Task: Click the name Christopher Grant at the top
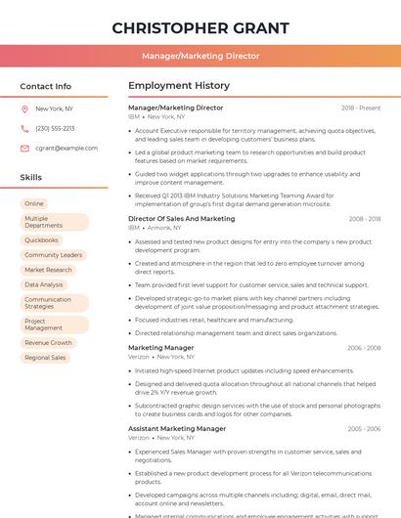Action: (x=200, y=27)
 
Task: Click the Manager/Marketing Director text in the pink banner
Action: (x=200, y=56)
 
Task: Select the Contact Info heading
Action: (x=46, y=86)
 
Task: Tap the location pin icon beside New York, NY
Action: (x=24, y=109)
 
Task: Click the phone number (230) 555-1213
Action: (x=55, y=128)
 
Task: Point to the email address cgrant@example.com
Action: (x=67, y=148)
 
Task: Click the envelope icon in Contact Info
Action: (x=24, y=148)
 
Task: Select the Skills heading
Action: (x=31, y=178)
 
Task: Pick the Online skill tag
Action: (x=34, y=203)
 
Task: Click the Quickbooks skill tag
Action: (x=41, y=239)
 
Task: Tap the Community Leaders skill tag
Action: (x=53, y=255)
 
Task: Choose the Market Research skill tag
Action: (x=48, y=270)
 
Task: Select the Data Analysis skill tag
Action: (x=44, y=284)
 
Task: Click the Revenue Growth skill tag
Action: (x=48, y=343)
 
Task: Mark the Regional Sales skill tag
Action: (x=45, y=358)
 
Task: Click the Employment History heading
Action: (x=179, y=86)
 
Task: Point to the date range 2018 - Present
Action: (x=361, y=108)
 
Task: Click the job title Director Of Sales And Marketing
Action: (x=182, y=219)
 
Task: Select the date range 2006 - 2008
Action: (x=363, y=348)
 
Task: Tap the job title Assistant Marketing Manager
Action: (x=177, y=429)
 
